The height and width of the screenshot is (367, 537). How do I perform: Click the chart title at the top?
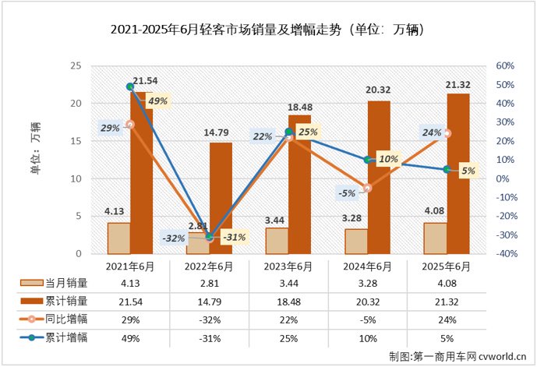[267, 30]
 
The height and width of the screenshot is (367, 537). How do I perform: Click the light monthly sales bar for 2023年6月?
[277, 241]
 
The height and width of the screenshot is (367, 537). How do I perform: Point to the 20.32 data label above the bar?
[380, 90]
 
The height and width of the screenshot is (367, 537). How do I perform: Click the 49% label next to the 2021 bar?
[157, 101]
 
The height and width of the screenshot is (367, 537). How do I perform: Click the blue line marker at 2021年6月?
[130, 87]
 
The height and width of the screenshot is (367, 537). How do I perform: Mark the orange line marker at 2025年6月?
[446, 133]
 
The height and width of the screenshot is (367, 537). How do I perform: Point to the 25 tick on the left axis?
[76, 66]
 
